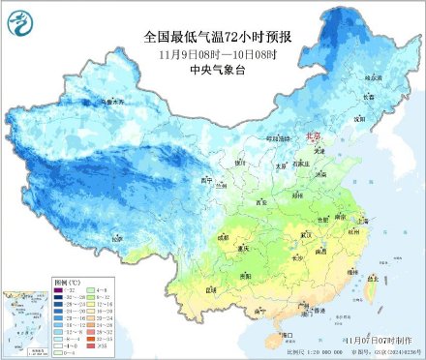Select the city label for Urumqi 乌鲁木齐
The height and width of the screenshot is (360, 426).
coord(114,101)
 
